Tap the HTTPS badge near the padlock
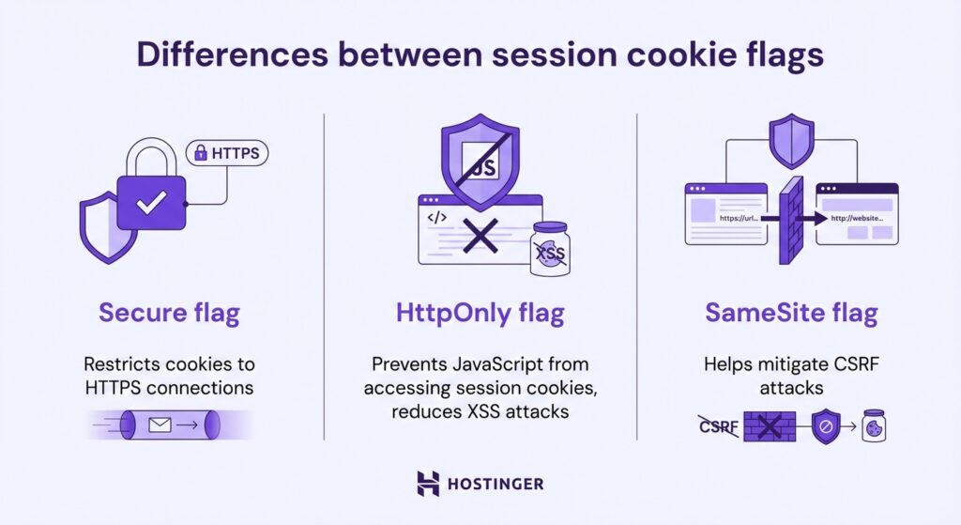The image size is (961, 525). [x=228, y=153]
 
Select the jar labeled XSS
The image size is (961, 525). [x=549, y=250]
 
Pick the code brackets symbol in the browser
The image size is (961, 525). [x=436, y=218]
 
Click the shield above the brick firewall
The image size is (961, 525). [x=791, y=140]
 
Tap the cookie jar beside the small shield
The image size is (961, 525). [x=874, y=425]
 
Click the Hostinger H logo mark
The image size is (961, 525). [x=428, y=484]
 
